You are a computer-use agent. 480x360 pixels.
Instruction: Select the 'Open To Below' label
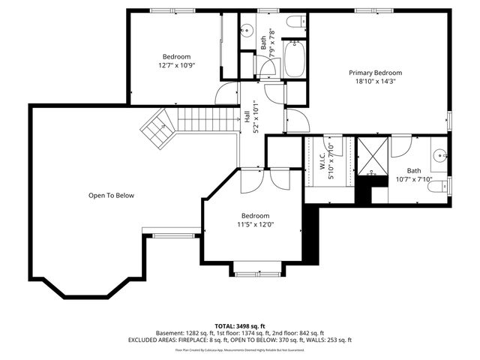[x=111, y=196]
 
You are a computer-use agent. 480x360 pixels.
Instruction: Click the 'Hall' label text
[x=247, y=117]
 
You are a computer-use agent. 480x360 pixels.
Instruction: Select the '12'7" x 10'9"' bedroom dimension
[x=176, y=66]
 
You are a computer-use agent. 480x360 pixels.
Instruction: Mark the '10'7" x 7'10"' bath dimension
[x=414, y=179]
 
